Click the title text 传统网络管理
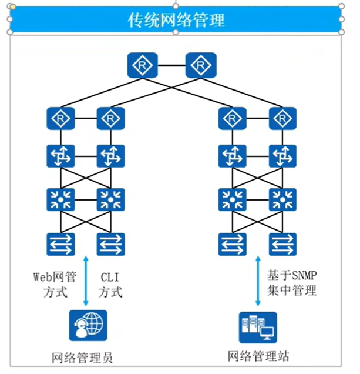click(176, 19)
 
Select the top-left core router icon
click(142, 65)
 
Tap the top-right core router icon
click(201, 65)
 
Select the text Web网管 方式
click(52, 283)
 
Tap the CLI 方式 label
click(110, 283)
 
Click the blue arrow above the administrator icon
click(87, 280)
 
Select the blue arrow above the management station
click(257, 280)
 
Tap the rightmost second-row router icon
click(282, 119)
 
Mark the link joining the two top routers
click(171, 65)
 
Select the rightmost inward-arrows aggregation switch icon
click(282, 199)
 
